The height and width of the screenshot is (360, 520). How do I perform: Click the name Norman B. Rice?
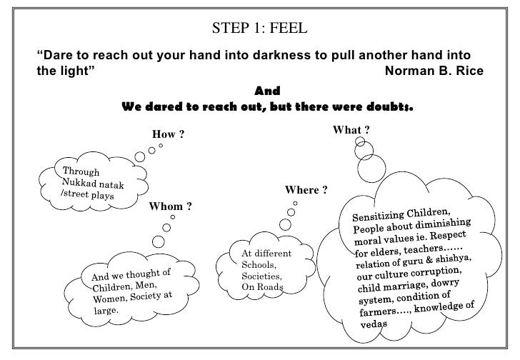pyautogui.click(x=434, y=71)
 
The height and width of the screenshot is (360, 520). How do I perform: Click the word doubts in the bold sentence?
pyautogui.click(x=387, y=106)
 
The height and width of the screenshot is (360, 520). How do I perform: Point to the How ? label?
pyautogui.click(x=169, y=134)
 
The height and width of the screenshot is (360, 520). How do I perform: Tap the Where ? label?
pyautogui.click(x=306, y=190)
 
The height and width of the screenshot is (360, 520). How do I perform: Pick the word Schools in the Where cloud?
pyautogui.click(x=259, y=264)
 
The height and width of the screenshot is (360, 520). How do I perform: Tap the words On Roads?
pyautogui.click(x=262, y=287)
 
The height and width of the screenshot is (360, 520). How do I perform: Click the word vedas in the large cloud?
pyautogui.click(x=373, y=323)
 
